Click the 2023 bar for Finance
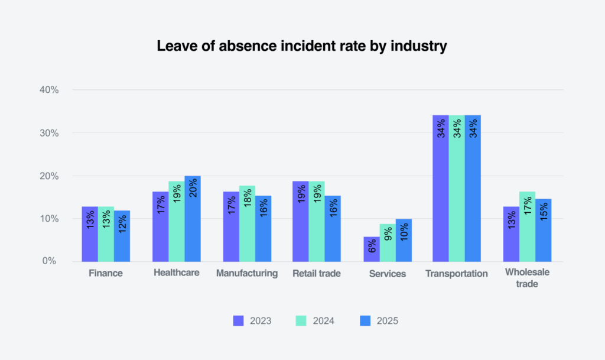(90, 234)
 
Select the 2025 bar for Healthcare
(193, 219)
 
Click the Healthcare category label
(176, 273)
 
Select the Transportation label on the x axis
(457, 274)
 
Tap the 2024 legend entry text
(324, 321)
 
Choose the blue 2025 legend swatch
(365, 321)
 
